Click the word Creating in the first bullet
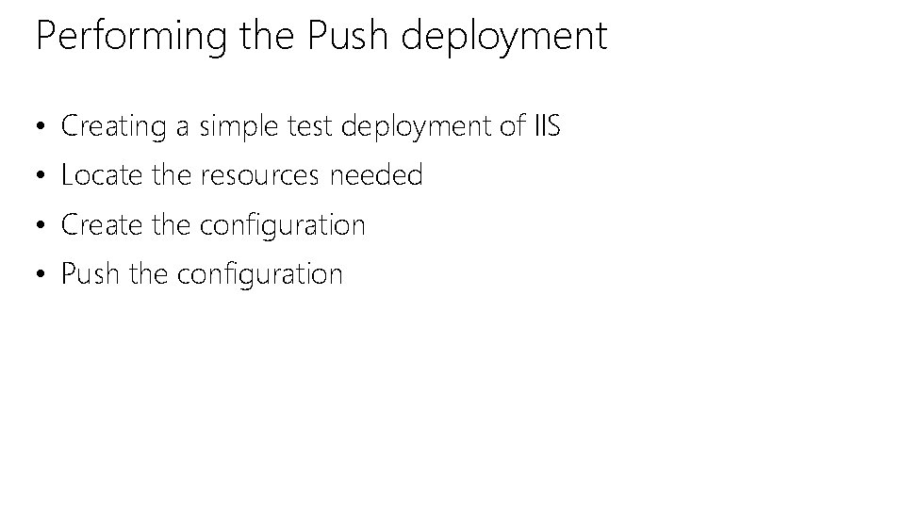[113, 126]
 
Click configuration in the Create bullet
[283, 226]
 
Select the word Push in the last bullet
[90, 274]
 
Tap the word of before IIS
[511, 125]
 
